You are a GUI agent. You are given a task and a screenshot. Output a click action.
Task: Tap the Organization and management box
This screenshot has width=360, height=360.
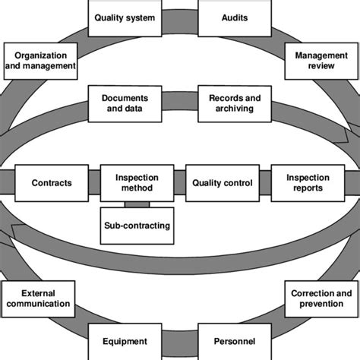coord(40,61)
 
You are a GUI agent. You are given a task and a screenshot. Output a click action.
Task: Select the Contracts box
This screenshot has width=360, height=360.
coord(52,183)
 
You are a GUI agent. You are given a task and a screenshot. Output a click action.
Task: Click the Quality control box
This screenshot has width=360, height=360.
coord(222,183)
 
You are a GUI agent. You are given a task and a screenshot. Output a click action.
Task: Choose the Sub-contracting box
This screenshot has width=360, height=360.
coord(136,226)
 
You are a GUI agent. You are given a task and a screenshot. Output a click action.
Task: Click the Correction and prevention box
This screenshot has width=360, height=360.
coord(322,298)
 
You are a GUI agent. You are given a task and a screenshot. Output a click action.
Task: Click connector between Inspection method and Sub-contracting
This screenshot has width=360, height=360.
coord(136,204)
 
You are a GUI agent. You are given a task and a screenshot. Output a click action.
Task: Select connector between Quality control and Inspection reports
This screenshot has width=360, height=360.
coord(265,183)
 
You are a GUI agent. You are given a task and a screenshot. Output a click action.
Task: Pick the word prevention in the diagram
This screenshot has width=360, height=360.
coord(322,305)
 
